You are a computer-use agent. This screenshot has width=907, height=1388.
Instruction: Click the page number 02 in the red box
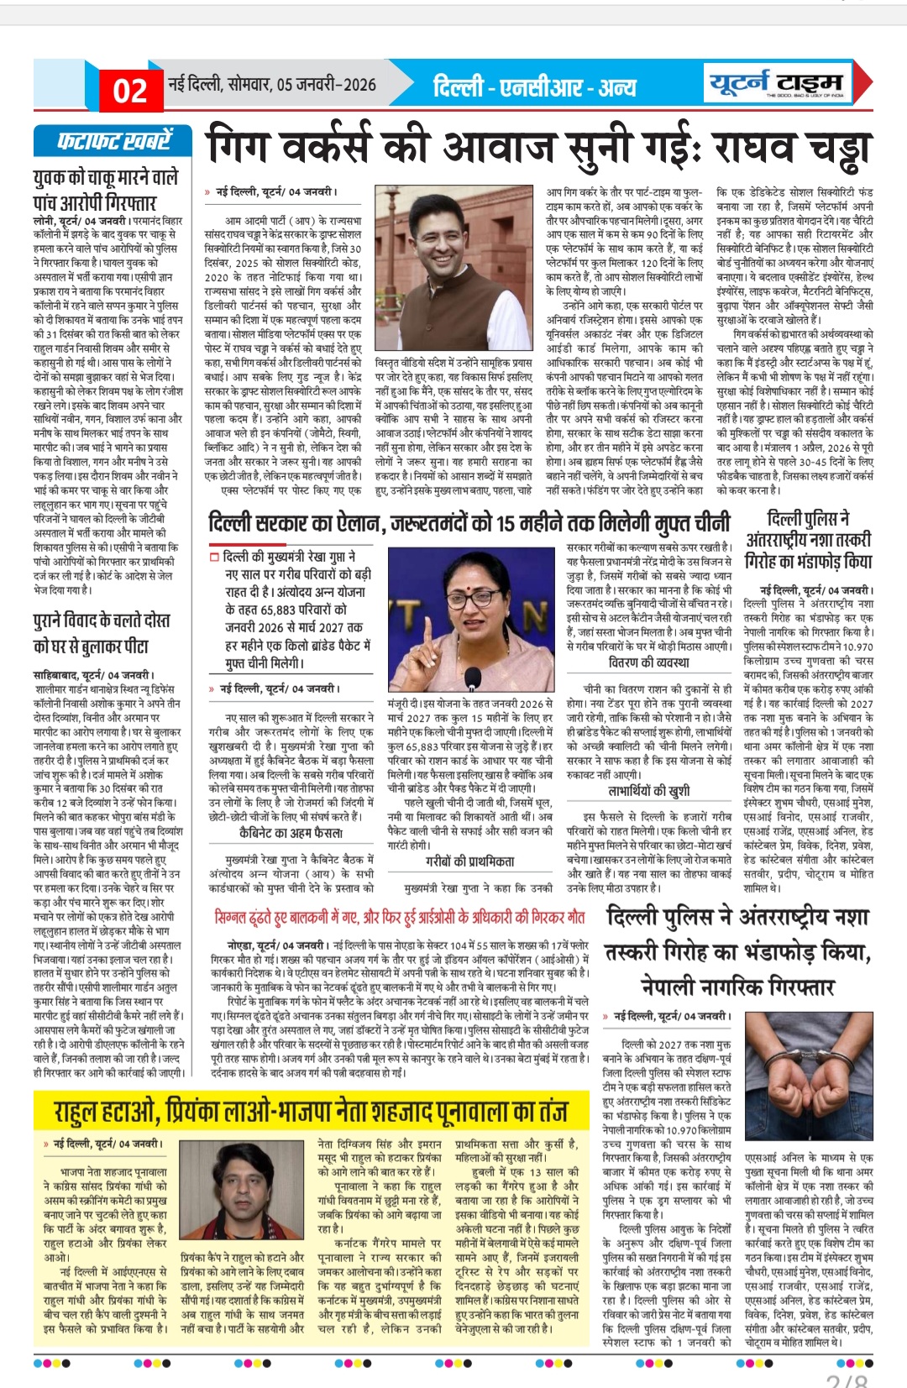coord(130,91)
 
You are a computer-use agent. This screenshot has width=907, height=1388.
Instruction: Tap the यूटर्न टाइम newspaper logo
coord(775,83)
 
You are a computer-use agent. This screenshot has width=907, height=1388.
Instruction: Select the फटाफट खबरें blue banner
coord(113,141)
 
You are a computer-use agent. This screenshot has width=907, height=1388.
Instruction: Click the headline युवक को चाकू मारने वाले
coord(106,178)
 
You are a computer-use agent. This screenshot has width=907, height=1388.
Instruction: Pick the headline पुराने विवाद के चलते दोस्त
coord(102,621)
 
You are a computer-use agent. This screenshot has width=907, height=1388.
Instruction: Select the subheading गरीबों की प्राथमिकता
coord(469,861)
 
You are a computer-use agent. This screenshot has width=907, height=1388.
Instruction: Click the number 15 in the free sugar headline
coord(506,523)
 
